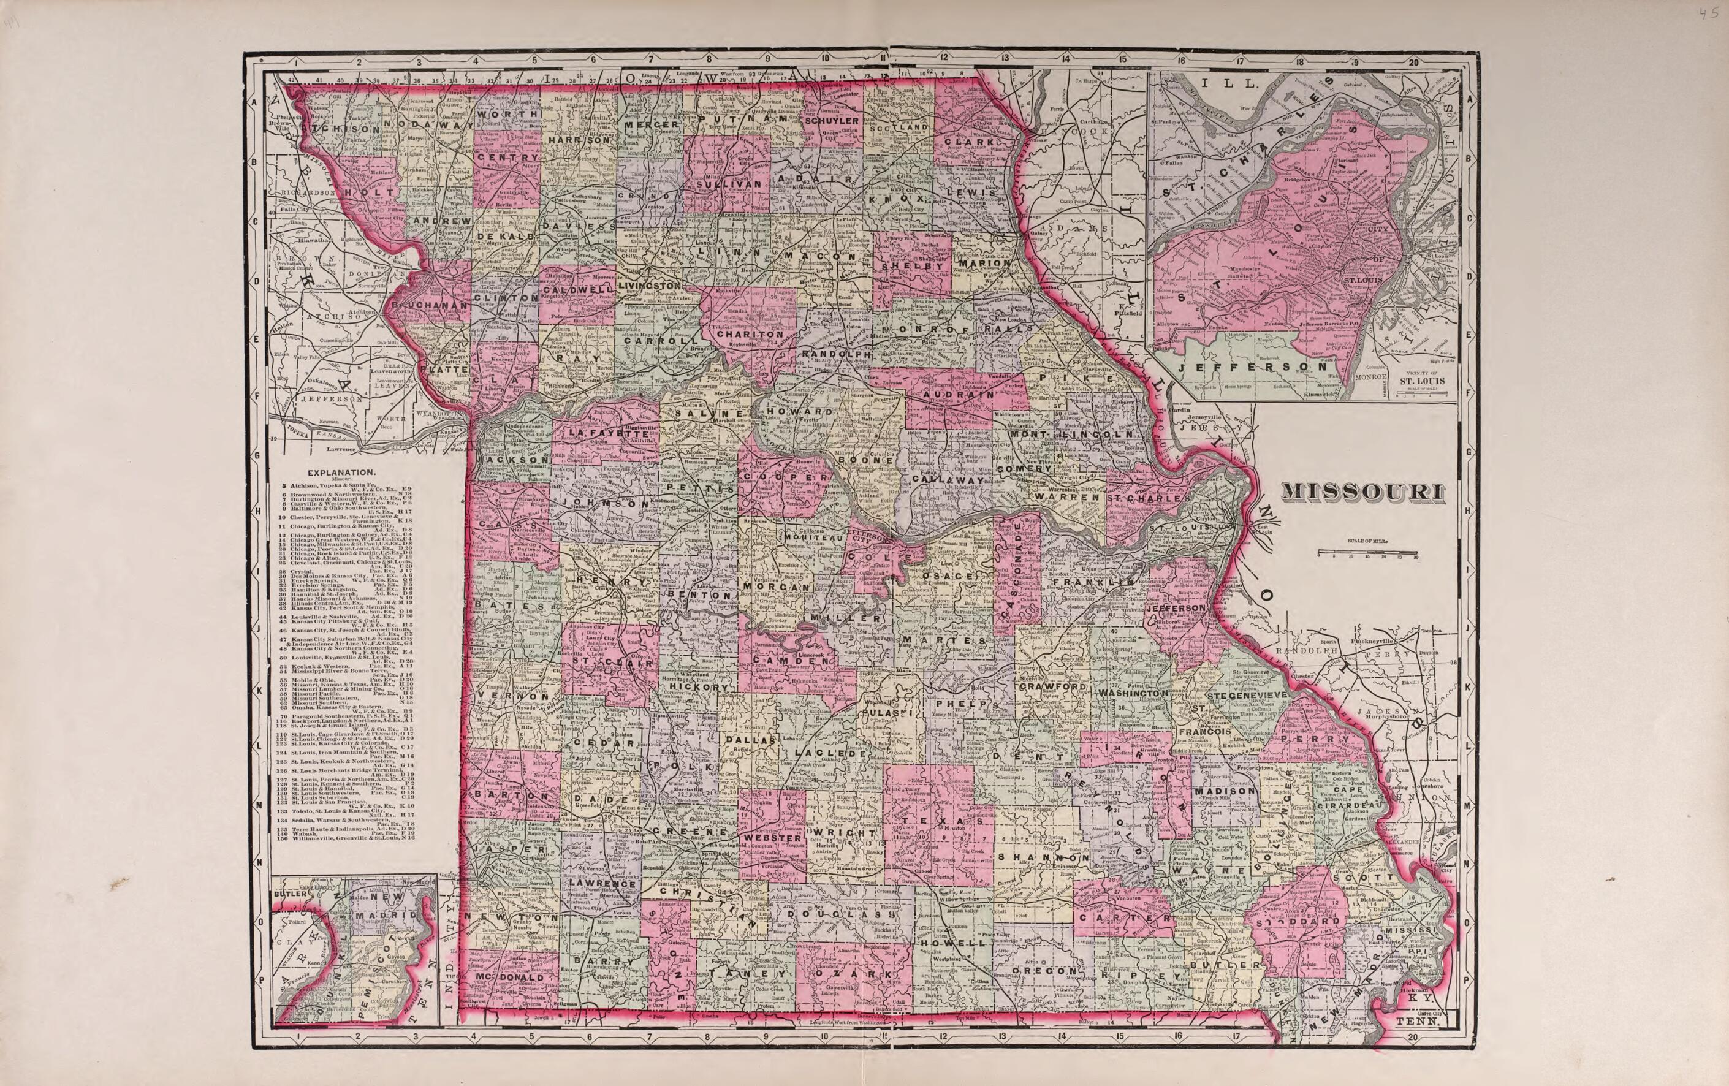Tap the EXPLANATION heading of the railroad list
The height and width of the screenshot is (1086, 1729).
coord(341,473)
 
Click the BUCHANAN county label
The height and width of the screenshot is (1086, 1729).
coord(431,306)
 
